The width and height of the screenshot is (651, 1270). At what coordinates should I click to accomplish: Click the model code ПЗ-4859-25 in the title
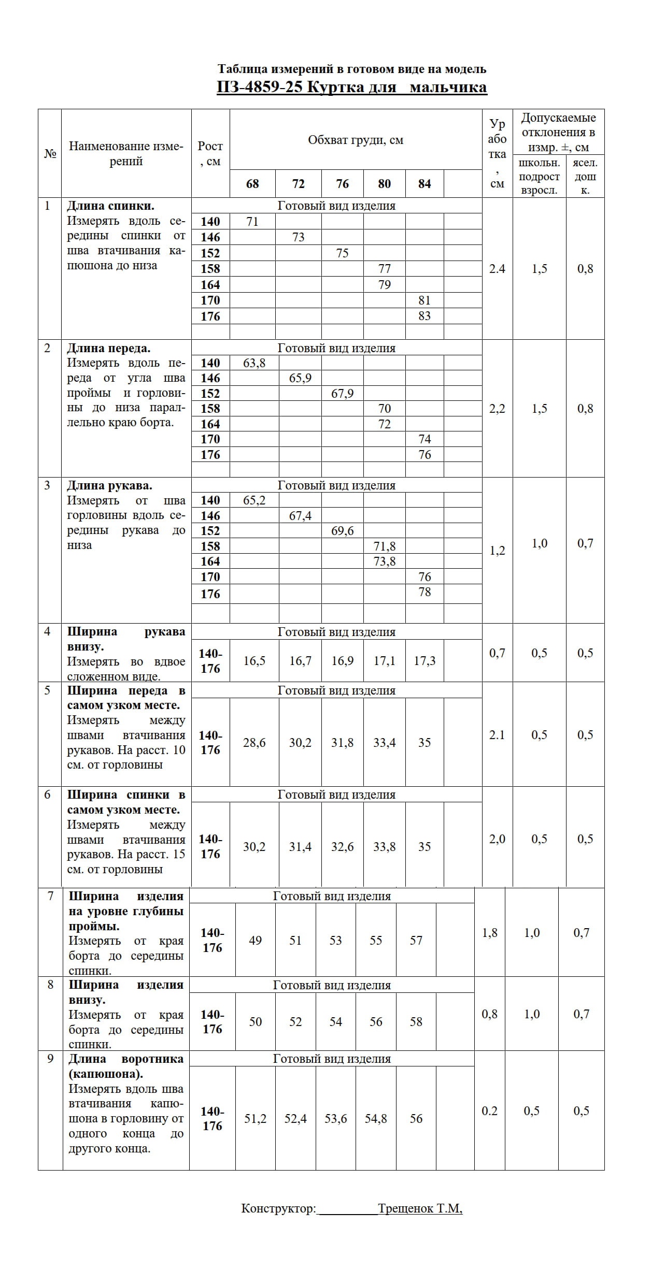(259, 87)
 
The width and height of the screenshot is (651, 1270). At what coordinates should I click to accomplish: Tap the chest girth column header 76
(342, 184)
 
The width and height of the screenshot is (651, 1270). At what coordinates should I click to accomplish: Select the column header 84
(424, 184)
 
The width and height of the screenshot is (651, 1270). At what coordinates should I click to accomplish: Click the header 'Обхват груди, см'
(356, 140)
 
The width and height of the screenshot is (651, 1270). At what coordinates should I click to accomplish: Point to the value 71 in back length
(252, 222)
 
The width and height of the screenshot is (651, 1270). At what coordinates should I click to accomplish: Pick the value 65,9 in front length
(300, 378)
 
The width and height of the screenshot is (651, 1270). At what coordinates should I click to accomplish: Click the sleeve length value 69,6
(342, 531)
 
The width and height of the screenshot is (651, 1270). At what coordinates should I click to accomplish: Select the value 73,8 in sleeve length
(385, 561)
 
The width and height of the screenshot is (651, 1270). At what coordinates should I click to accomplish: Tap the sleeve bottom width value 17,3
(424, 661)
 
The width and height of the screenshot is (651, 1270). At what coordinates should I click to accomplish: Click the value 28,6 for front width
(254, 743)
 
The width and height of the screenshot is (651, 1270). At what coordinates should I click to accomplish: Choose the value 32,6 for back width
(342, 847)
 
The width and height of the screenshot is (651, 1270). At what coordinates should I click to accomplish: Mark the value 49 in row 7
(255, 941)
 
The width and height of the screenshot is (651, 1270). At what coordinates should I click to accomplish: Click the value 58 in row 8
(416, 1022)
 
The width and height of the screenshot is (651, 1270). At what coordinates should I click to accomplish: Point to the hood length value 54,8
(376, 1119)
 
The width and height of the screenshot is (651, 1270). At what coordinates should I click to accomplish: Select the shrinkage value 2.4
(497, 269)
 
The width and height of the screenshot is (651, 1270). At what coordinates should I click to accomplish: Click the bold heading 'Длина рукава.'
(109, 486)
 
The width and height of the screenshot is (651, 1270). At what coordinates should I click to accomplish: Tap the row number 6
(47, 795)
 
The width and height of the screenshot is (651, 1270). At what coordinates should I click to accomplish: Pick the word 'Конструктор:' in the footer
(278, 1208)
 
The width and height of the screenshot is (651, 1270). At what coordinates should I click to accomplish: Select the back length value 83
(424, 316)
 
